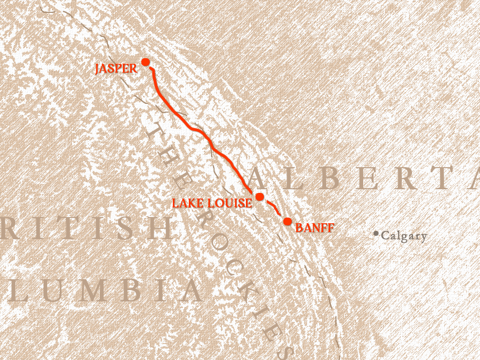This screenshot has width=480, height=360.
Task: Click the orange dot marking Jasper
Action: (146, 62)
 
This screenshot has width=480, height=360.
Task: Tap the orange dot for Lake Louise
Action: (260, 197)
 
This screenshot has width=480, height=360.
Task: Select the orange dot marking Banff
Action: (288, 221)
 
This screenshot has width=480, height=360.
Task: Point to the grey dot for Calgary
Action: (376, 234)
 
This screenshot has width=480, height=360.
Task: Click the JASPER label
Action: (116, 69)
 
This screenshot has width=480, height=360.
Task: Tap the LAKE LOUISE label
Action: (212, 204)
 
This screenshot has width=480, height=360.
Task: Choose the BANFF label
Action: (315, 228)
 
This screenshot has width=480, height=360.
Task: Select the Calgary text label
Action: (404, 237)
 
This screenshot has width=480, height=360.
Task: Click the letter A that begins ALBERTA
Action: (260, 178)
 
